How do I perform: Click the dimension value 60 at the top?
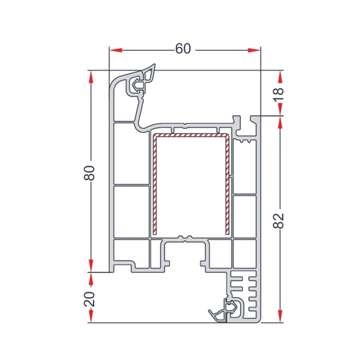(183, 49)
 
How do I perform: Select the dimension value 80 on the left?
(90, 173)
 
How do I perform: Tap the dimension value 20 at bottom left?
(90, 299)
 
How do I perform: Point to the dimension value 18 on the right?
(278, 95)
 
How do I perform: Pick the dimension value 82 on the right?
(278, 221)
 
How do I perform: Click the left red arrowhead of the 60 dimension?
(116, 50)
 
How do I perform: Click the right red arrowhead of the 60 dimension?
(254, 50)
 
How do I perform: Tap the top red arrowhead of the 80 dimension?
(91, 76)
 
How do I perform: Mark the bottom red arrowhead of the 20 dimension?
(91, 316)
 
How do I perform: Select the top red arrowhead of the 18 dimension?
(280, 76)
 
